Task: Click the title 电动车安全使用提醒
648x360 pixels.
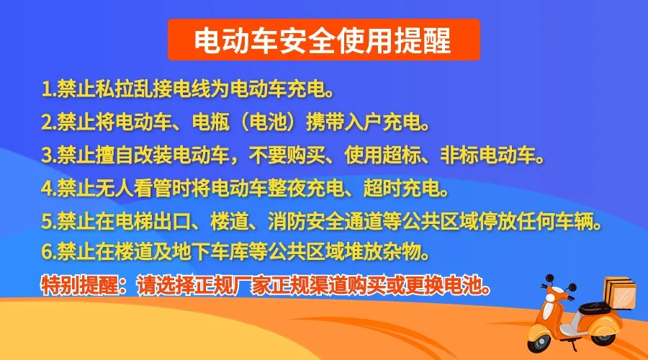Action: (323, 40)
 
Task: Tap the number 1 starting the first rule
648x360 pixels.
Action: (46, 89)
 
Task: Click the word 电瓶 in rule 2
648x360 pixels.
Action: (211, 122)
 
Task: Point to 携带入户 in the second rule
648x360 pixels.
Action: (344, 122)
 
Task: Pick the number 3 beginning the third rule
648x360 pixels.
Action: (46, 155)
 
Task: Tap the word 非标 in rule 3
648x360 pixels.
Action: (459, 155)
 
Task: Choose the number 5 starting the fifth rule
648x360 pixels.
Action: (46, 222)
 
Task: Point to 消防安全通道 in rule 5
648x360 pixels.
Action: (325, 222)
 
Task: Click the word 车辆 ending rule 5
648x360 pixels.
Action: (574, 222)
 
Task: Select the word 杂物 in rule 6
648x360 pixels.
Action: (402, 252)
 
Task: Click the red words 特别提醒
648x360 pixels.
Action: (79, 285)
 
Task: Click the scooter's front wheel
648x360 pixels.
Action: (541, 339)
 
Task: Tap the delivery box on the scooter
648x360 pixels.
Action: (621, 293)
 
